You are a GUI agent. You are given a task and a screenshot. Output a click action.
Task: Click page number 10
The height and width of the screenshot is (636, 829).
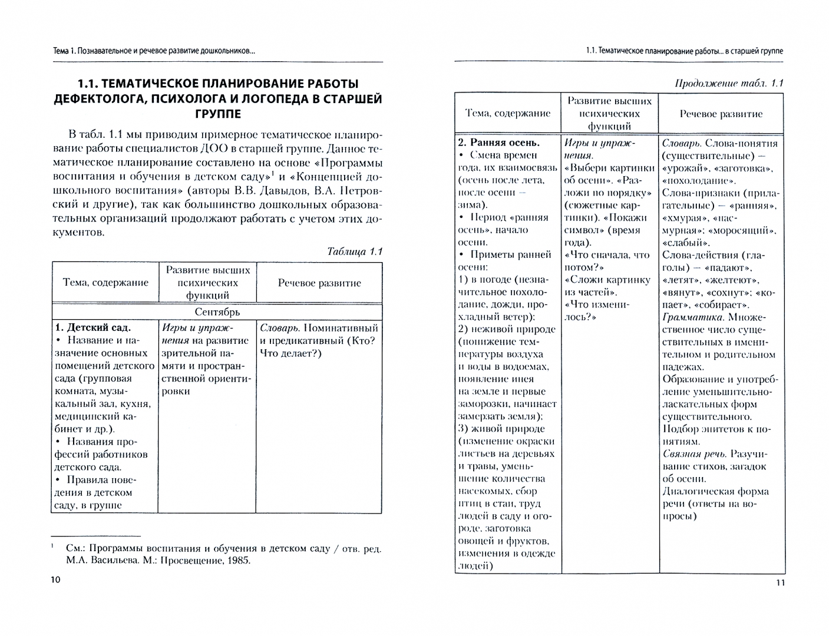55,580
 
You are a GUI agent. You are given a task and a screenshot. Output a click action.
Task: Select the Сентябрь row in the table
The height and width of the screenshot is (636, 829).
217,312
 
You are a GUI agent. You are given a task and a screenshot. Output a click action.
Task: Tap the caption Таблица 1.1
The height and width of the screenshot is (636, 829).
354,251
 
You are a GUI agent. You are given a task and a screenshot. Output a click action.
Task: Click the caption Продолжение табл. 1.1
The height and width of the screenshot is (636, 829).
729,83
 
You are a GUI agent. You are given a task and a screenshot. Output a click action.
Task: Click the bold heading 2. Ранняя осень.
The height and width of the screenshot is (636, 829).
498,143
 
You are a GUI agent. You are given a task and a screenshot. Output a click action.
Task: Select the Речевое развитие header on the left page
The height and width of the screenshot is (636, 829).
319,283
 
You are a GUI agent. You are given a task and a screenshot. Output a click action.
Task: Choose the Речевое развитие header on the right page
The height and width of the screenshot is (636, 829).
721,114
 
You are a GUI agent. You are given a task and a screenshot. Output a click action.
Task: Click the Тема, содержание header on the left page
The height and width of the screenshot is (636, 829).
105,282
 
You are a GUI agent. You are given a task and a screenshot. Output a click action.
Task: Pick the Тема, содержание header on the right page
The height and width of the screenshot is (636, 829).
507,113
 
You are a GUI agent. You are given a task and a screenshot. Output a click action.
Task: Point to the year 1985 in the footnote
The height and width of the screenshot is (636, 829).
237,560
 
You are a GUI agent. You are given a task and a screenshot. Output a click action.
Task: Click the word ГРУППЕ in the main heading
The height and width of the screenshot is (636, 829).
217,114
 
